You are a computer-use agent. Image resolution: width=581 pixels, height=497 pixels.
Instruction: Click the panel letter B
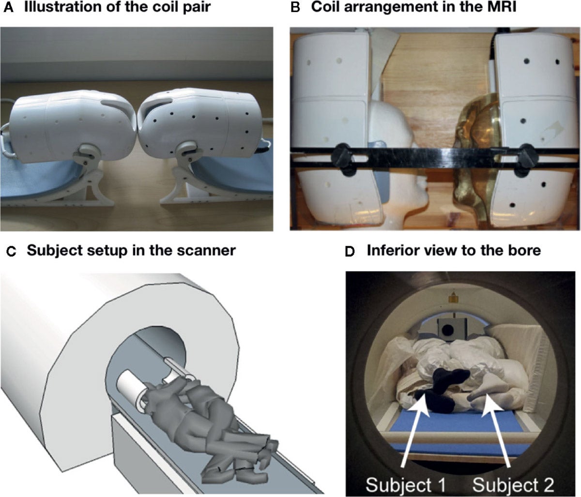tap(294, 8)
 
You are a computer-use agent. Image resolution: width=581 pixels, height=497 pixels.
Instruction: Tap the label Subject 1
tap(405, 484)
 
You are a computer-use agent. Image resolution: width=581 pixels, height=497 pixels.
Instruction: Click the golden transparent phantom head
tap(472, 145)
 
